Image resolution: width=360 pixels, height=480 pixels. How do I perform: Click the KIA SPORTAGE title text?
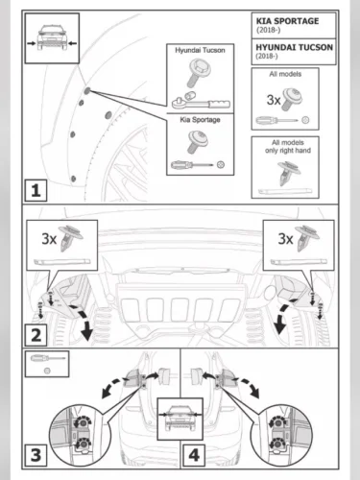click(287, 21)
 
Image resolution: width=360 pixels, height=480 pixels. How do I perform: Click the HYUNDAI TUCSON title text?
click(294, 47)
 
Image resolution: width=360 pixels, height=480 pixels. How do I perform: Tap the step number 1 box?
click(36, 190)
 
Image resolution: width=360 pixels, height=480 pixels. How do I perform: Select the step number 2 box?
click(36, 335)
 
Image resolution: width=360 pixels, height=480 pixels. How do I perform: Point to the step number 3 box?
click(36, 455)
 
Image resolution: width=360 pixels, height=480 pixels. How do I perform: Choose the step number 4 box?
click(194, 455)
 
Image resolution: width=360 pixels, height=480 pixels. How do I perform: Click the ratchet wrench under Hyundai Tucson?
click(201, 101)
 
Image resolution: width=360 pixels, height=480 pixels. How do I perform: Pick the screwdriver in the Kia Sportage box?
click(192, 165)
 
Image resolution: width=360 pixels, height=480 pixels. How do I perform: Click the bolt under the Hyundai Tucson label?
click(198, 72)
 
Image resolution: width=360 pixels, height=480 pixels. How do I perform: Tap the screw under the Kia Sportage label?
click(197, 141)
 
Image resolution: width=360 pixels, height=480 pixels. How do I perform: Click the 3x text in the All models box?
click(274, 100)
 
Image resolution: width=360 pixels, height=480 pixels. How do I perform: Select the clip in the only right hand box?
click(289, 173)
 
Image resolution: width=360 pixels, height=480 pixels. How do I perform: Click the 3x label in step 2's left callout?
click(49, 239)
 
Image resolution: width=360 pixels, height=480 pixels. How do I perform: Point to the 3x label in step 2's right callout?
click(285, 239)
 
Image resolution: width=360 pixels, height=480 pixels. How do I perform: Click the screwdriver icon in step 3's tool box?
click(48, 358)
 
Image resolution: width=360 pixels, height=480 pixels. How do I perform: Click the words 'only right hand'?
click(288, 151)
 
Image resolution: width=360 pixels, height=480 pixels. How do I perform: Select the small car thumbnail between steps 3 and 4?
click(180, 419)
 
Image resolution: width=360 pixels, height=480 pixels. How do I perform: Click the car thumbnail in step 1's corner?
click(52, 38)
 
